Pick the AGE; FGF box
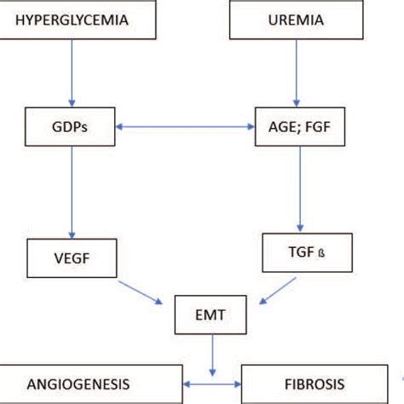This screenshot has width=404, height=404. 297,128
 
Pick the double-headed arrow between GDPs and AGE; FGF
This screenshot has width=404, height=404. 185,129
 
